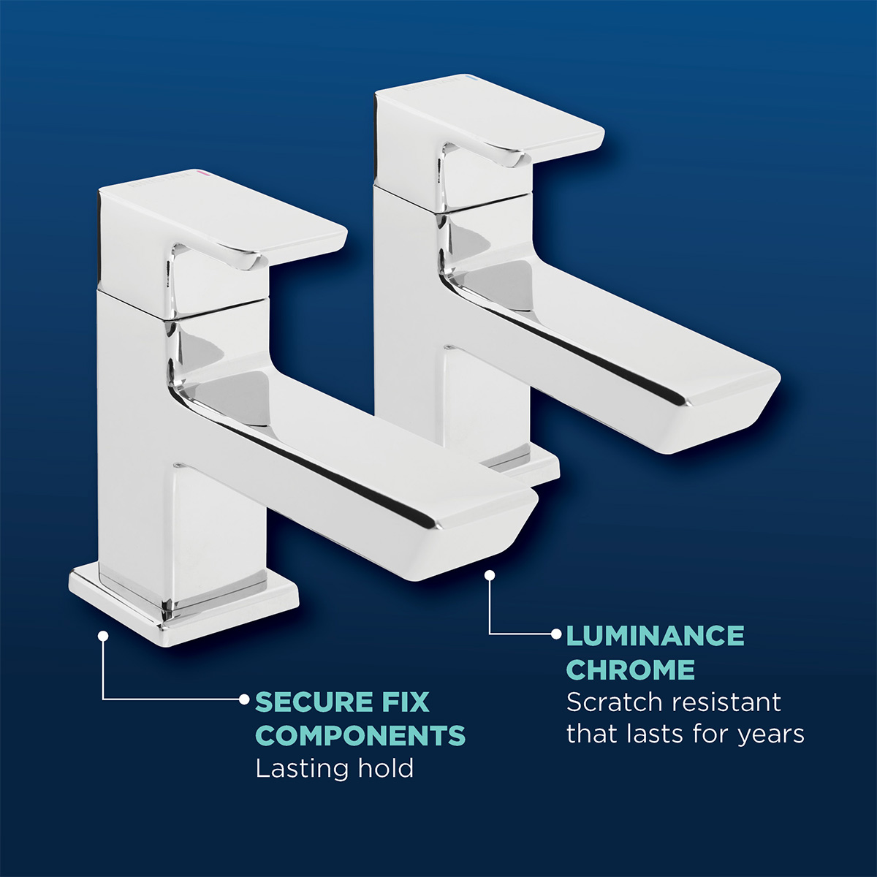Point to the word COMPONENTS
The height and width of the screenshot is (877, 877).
[360, 735]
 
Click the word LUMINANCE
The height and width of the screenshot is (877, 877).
[655, 636]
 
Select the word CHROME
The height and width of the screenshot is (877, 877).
[630, 669]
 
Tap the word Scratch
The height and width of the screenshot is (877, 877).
[614, 702]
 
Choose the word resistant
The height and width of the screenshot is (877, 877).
[726, 702]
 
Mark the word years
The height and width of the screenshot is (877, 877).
[771, 734]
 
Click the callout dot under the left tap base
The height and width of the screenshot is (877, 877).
[104, 636]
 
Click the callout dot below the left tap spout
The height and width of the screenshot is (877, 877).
[490, 576]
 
